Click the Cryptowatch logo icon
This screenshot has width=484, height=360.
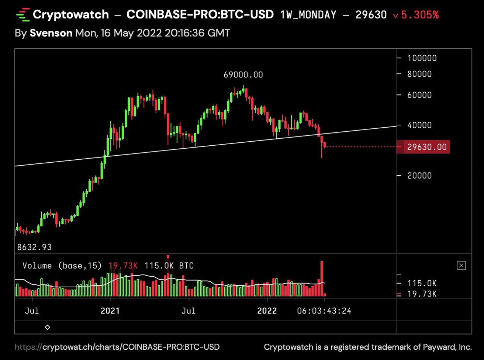coord(23,15)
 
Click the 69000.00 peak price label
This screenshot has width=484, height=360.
coord(243,75)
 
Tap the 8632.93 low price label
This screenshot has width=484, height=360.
coord(34,247)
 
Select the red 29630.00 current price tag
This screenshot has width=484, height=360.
coord(426,147)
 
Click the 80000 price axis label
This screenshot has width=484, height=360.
coord(419,74)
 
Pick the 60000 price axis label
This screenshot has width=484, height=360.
coord(419,95)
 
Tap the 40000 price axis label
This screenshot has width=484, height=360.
coord(419,125)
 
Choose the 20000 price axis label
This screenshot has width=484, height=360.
coord(419,176)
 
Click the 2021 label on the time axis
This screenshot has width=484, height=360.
coord(110,311)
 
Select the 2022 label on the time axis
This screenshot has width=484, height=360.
coord(267,311)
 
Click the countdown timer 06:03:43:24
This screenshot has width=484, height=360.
coord(324,311)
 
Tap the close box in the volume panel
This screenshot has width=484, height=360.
coord(461,266)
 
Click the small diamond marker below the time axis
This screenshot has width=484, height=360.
coord(47,327)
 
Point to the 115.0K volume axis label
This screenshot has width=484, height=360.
coord(422,284)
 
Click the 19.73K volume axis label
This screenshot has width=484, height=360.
coord(422,294)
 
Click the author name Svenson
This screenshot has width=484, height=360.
coord(51,33)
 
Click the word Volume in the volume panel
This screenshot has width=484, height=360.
coord(37,266)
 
